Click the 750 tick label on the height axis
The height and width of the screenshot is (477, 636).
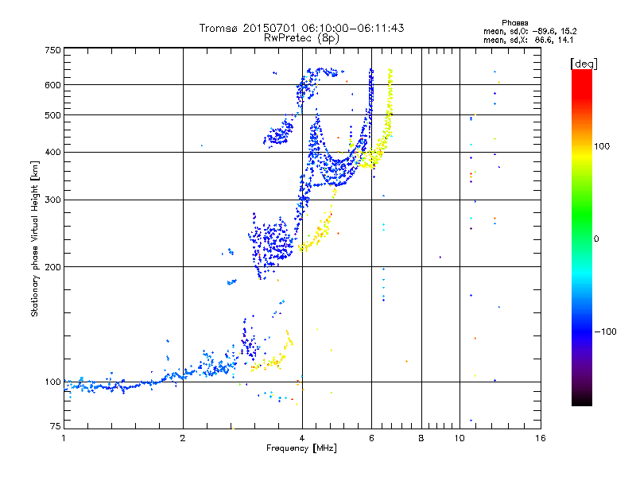click(52, 50)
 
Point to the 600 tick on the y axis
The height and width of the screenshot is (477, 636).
click(52, 85)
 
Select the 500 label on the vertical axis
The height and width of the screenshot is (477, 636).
click(52, 115)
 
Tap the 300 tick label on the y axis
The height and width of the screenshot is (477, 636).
click(52, 200)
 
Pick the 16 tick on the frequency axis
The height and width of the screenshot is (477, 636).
click(541, 439)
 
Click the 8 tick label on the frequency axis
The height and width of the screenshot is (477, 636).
click(421, 439)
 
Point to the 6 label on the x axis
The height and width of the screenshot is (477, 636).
click(371, 439)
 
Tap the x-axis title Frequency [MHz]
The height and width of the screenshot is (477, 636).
click(302, 448)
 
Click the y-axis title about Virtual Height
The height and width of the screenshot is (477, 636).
click(35, 238)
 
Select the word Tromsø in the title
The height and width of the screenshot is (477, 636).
click(219, 28)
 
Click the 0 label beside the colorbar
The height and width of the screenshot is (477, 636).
click(599, 238)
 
